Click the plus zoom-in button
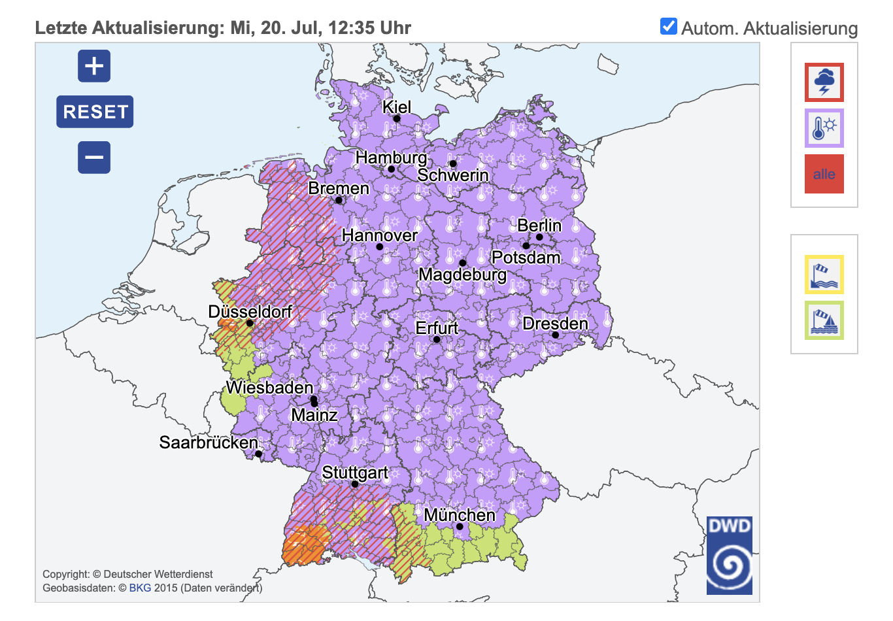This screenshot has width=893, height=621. [x=94, y=66]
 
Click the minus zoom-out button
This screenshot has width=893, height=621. [x=94, y=158]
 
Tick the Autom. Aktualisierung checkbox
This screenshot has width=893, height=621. [x=668, y=27]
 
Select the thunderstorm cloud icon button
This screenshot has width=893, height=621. [x=824, y=82]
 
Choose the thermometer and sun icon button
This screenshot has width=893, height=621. [x=824, y=128]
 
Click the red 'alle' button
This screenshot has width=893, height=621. [x=824, y=174]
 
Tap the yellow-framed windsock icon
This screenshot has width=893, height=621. [x=824, y=275]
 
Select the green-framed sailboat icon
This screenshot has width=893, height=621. [x=824, y=320]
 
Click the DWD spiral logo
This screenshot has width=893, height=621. [x=729, y=556]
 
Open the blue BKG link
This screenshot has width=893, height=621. [x=140, y=588]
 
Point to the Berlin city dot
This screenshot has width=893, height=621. [x=539, y=237]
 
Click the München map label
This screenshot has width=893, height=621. [x=459, y=515]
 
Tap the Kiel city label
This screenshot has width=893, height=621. [x=397, y=107]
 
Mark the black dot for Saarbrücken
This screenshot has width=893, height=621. [x=258, y=454]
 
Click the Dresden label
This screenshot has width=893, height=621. [x=555, y=324]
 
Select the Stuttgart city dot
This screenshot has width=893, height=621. [x=355, y=484]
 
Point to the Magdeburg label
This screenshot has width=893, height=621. [x=462, y=275]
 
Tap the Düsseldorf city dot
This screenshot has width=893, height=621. [x=249, y=323]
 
